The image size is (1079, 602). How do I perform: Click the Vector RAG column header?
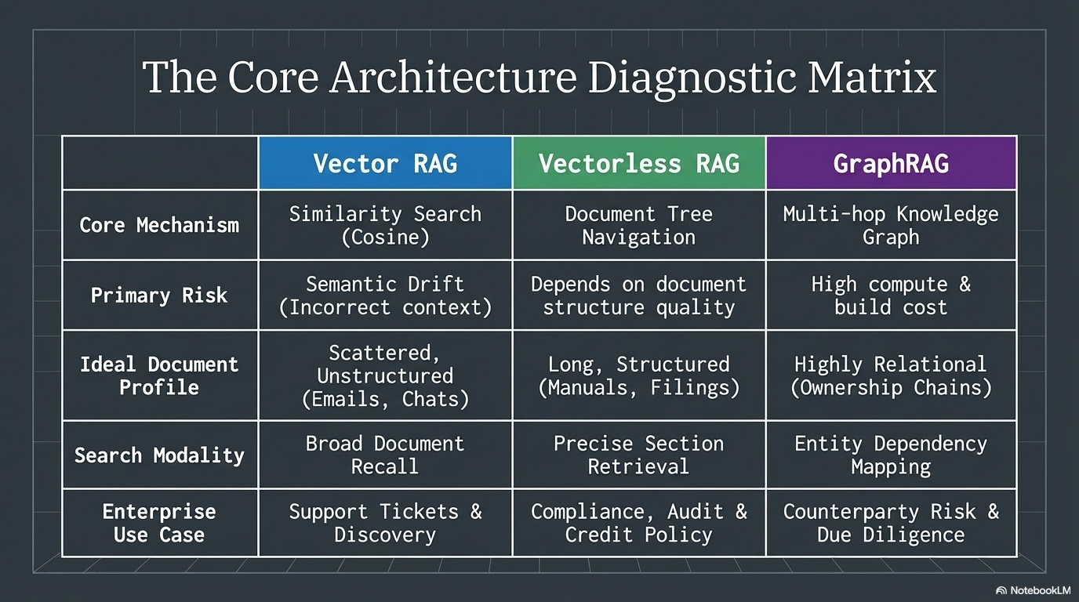(385, 163)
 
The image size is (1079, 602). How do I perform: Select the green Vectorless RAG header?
(638, 163)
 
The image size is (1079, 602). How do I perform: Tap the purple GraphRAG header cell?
(891, 163)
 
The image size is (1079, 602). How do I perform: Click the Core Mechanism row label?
(159, 225)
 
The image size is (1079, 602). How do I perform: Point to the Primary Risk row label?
(159, 296)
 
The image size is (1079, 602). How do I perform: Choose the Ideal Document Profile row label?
(159, 375)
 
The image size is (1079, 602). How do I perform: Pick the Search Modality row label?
(159, 455)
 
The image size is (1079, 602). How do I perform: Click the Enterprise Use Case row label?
(159, 523)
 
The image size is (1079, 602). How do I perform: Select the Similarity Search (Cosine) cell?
(385, 225)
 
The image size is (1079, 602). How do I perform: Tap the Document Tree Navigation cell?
(638, 225)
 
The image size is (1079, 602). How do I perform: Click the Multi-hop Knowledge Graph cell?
(891, 225)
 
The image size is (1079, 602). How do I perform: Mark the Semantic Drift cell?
(385, 296)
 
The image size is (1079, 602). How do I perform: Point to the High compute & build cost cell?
(891, 296)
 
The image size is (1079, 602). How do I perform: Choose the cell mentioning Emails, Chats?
(385, 375)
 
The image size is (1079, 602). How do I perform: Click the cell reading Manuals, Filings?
(638, 375)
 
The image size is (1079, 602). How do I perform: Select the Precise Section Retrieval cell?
(638, 455)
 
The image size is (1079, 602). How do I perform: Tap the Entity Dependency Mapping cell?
(891, 455)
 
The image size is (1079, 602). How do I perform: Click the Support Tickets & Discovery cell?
(385, 523)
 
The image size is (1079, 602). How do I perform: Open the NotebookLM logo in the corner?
(1033, 590)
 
